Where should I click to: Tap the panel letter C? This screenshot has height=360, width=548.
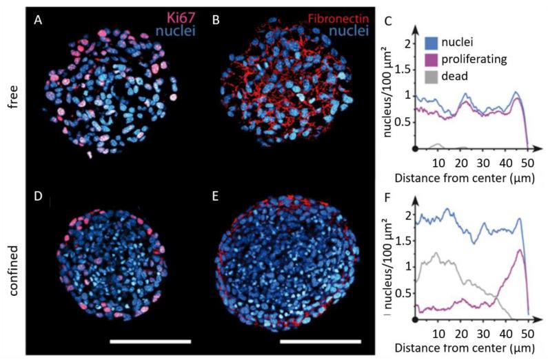coord(388,22)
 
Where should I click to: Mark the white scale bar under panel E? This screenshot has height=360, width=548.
coord(321,341)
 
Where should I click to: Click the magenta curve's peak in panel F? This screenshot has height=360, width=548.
coord(518,250)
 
